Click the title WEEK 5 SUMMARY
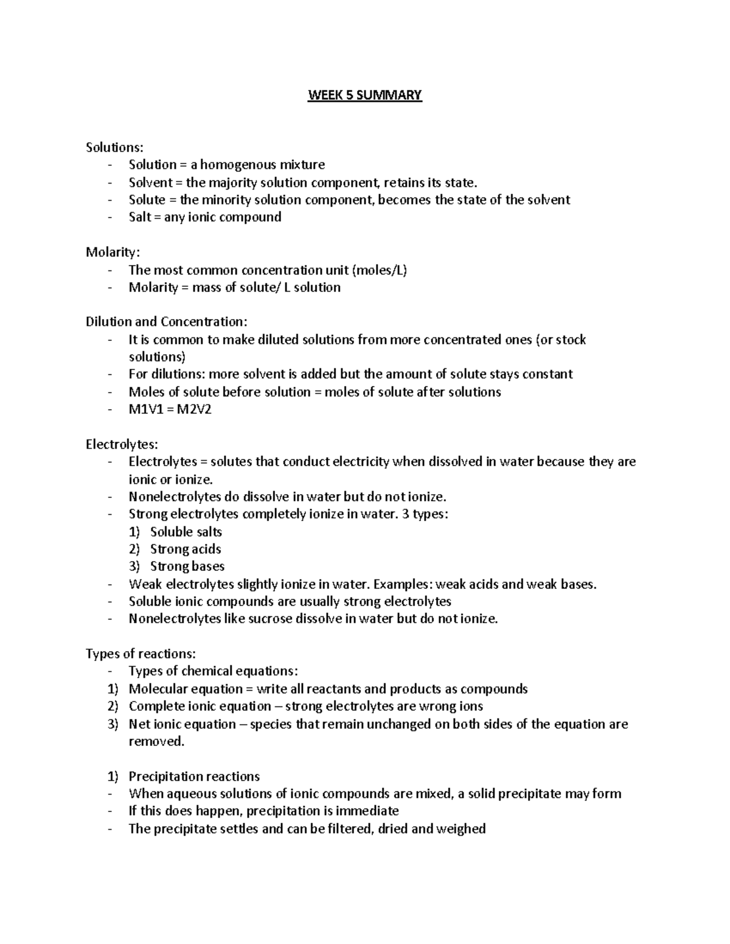364,95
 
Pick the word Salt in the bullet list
140,217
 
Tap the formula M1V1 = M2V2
170,409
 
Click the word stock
571,340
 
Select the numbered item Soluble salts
186,532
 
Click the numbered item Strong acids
186,550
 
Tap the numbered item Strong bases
187,567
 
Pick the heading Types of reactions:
141,654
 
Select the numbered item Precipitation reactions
194,777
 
